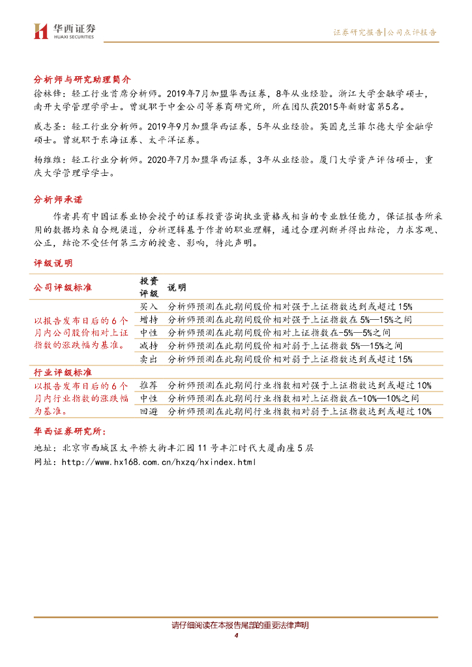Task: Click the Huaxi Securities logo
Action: [64, 31]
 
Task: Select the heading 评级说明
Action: [53, 263]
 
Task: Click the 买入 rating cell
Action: [149, 306]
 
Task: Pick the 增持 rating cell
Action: [149, 319]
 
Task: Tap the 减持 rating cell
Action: [149, 345]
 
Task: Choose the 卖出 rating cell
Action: [149, 359]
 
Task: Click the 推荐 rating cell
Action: [149, 385]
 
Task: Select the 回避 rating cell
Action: [149, 411]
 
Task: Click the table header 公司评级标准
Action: [63, 287]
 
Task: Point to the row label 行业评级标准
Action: [63, 372]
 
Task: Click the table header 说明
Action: [177, 287]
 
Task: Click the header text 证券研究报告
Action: [358, 32]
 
